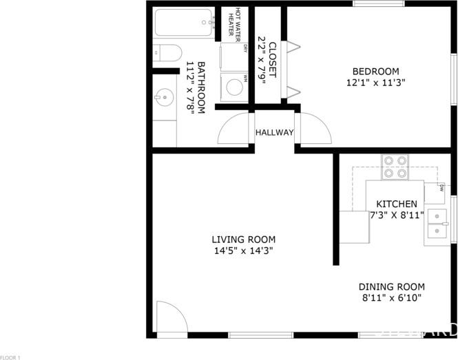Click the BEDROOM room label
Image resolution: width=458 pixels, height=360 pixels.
375,71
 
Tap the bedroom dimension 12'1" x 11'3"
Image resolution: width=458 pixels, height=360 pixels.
375,83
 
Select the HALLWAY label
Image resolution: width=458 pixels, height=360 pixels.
274,133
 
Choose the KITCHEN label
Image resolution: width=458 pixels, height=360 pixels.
396,204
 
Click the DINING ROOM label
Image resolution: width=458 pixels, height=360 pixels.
391,287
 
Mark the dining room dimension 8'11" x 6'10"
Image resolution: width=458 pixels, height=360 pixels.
391,298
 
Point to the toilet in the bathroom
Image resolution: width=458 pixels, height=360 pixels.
166,52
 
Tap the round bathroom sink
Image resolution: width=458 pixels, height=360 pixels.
164,98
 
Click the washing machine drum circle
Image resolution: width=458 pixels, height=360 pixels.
235,87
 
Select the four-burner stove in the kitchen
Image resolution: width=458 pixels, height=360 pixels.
395,167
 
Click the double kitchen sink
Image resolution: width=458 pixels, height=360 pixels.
439,224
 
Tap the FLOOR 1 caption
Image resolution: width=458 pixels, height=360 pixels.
11,357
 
